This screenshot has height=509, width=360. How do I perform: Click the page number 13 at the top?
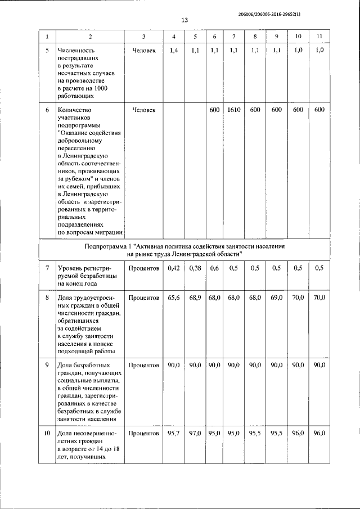point(184,20)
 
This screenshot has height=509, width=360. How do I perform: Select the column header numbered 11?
point(319,37)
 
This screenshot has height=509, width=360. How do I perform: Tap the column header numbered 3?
point(144,37)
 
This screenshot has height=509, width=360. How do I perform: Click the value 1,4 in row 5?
point(173,51)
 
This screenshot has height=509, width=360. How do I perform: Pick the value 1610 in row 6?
point(234,110)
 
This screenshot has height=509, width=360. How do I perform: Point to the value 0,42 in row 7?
point(173,268)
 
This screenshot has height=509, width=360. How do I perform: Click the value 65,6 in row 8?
point(173,296)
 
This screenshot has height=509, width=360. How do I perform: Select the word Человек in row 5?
point(144,51)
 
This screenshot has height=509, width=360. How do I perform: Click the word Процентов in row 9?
point(144,365)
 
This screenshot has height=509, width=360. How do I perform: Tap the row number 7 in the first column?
point(47,268)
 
